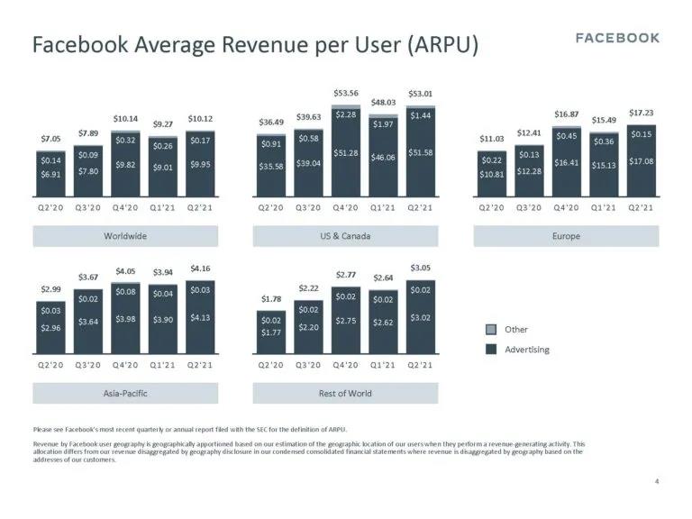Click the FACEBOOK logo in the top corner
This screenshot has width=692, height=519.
(617, 38)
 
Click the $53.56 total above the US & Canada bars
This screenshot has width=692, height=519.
(345, 93)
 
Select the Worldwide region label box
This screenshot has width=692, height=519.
(125, 236)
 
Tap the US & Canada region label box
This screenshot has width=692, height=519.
(345, 236)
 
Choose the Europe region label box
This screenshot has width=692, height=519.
(566, 236)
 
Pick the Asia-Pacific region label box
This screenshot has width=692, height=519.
(125, 393)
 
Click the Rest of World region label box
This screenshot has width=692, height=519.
(345, 393)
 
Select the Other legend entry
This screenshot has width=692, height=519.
(516, 330)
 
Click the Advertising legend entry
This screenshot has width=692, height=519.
(527, 349)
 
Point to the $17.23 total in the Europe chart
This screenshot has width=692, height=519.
(641, 113)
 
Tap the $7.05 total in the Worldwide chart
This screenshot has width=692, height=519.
(52, 140)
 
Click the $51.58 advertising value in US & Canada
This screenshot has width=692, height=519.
(420, 153)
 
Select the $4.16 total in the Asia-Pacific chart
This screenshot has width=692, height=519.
(200, 268)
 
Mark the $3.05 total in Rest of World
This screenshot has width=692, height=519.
(420, 268)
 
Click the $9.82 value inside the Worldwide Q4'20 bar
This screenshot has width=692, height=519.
(126, 165)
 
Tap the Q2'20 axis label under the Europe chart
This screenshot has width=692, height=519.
(491, 208)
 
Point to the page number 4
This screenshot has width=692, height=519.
(657, 483)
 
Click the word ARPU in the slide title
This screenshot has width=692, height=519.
(442, 44)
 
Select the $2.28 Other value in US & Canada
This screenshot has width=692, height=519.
(345, 114)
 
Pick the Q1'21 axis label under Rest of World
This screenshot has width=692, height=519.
(383, 365)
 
